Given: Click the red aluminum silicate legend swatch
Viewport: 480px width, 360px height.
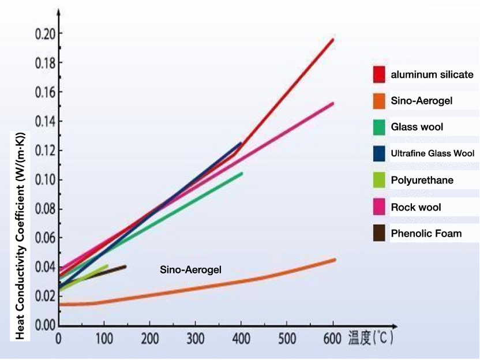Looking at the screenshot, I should point(379,74).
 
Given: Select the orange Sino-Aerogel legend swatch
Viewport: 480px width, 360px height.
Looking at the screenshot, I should point(379,101).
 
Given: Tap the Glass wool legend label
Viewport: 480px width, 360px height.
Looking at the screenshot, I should point(417,127).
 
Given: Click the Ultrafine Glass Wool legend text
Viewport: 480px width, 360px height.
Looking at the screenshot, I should point(433,153).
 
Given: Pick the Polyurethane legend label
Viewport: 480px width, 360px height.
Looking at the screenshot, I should point(422,180).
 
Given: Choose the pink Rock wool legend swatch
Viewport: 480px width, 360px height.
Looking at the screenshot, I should point(379,207).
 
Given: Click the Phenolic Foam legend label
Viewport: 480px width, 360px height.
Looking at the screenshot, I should point(426,234).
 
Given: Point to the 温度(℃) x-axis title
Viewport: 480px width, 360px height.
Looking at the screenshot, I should point(370,337).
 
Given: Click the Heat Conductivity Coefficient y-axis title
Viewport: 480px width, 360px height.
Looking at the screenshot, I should point(20,235).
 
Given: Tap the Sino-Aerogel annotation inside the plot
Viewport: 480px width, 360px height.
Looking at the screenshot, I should point(190,269).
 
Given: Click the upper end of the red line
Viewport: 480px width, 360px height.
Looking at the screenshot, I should point(333,39).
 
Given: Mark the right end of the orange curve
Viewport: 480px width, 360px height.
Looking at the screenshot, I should point(335,260).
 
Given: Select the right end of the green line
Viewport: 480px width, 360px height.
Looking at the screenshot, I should point(242,173).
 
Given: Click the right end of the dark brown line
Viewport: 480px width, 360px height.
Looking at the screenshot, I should point(125,266).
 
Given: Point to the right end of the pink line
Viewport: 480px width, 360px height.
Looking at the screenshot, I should point(333,103).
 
